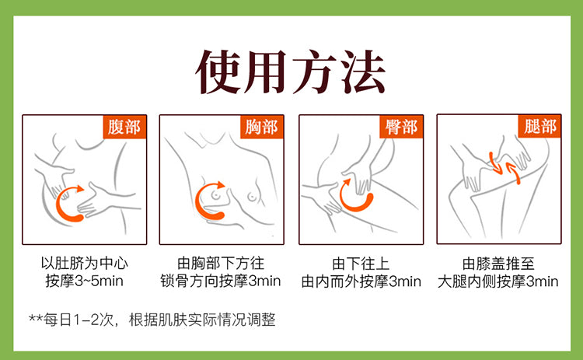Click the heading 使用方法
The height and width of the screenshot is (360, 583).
pyautogui.click(x=291, y=72)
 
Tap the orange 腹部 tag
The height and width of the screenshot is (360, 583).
pyautogui.click(x=124, y=127)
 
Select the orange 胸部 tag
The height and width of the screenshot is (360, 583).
pyautogui.click(x=262, y=127)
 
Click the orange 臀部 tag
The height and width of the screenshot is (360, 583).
pyautogui.click(x=401, y=127)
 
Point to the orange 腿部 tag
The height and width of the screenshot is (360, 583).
pyautogui.click(x=539, y=127)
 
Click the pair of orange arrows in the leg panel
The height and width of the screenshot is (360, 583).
pyautogui.click(x=504, y=166)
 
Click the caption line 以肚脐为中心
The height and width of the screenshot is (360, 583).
pyautogui.click(x=85, y=264)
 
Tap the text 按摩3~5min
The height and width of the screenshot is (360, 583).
pyautogui.click(x=85, y=281)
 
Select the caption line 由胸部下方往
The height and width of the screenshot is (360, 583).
pyautogui.click(x=221, y=264)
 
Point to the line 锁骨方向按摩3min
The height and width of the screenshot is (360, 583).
pyautogui.click(x=221, y=281)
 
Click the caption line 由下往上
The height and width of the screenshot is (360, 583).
pyautogui.click(x=361, y=264)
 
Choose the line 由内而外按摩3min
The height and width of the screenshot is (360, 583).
pyautogui.click(x=361, y=281)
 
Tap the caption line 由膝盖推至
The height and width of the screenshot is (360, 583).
pyautogui.click(x=498, y=264)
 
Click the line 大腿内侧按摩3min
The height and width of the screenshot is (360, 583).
pyautogui.click(x=497, y=281)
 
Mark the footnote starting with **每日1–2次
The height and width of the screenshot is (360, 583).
pyautogui.click(x=152, y=320)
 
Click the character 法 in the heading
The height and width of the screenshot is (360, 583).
pyautogui.click(x=363, y=72)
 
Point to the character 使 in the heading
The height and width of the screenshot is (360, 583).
pyautogui.click(x=218, y=72)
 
